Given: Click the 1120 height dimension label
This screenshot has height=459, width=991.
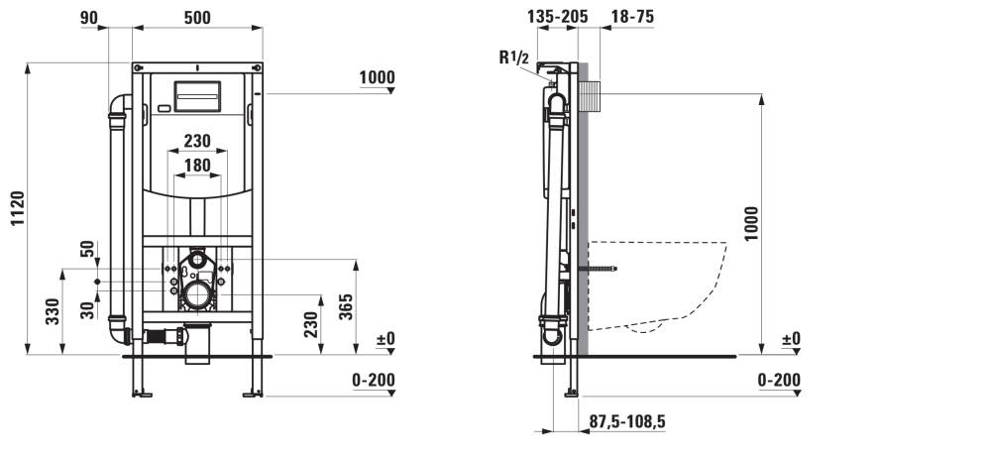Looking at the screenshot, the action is pos(17,209).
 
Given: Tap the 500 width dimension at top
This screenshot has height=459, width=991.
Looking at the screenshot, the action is pos(197,18).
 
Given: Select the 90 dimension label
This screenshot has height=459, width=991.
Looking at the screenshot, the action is pos(89,18).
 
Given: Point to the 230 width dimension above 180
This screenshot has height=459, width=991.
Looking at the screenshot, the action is pos(197,141).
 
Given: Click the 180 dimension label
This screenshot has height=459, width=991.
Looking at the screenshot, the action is pos(197,166).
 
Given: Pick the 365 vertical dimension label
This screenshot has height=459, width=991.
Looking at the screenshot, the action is pos(346,306).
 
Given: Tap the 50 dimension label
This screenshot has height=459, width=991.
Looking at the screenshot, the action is pos(88,249).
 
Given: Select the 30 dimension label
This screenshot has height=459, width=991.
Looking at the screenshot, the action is pos(88,309).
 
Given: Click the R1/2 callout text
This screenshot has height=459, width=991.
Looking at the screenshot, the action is pos(512,57).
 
